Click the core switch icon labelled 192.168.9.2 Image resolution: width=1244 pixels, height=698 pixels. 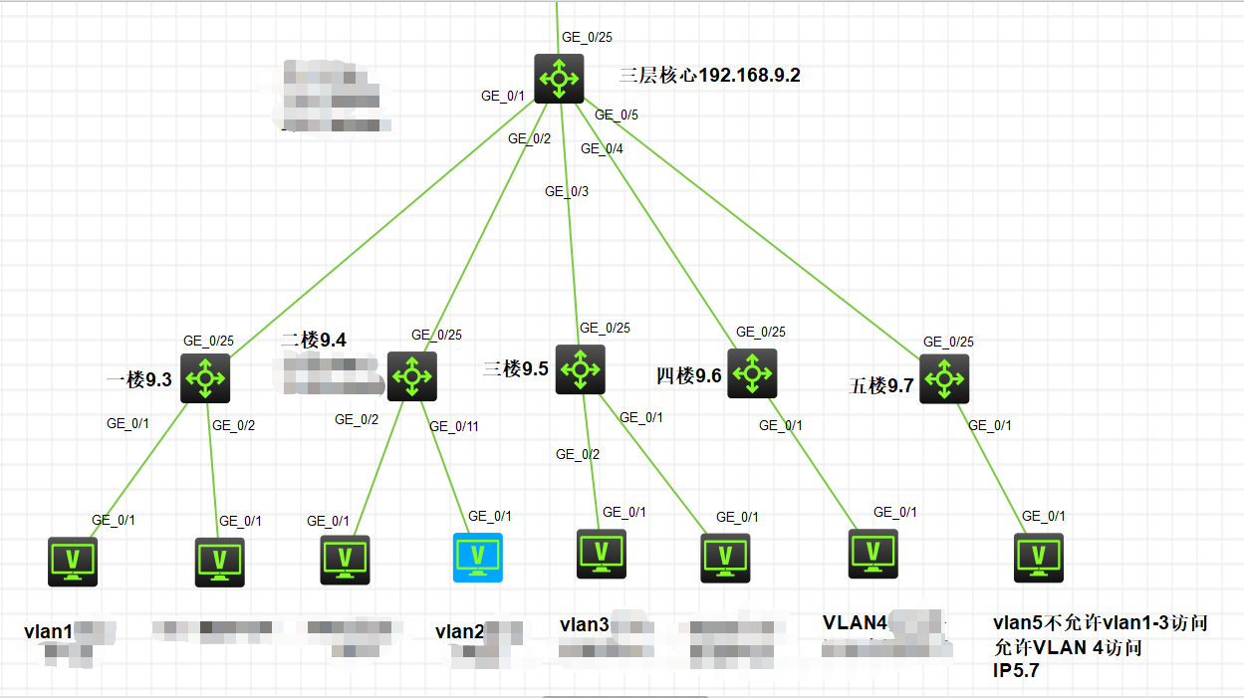[559, 79]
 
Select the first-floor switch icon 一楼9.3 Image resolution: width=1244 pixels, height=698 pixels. [205, 378]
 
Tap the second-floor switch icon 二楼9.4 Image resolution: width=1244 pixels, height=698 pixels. [411, 376]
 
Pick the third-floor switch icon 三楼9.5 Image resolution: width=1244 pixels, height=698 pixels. [581, 369]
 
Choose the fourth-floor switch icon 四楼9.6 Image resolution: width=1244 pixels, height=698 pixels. [752, 373]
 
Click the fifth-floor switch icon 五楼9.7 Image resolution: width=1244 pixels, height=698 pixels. [943, 378]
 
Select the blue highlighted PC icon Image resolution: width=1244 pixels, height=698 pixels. [478, 557]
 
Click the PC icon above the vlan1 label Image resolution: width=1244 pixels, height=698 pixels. [74, 562]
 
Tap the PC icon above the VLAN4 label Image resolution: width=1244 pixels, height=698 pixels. [872, 554]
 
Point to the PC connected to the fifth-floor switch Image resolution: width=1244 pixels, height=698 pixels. [1039, 558]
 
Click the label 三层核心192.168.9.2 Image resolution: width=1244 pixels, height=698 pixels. [709, 76]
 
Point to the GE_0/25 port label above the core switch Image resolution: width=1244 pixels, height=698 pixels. [587, 37]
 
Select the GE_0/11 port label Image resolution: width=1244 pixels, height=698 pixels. [454, 426]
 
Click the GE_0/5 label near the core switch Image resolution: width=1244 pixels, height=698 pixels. [617, 115]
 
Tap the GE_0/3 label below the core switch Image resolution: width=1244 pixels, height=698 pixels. [567, 191]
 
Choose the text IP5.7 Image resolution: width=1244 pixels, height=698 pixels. [1017, 670]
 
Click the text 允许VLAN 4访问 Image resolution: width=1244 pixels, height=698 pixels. [1067, 647]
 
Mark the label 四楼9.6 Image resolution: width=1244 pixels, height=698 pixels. [688, 375]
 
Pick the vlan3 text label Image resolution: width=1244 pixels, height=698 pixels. [584, 625]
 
